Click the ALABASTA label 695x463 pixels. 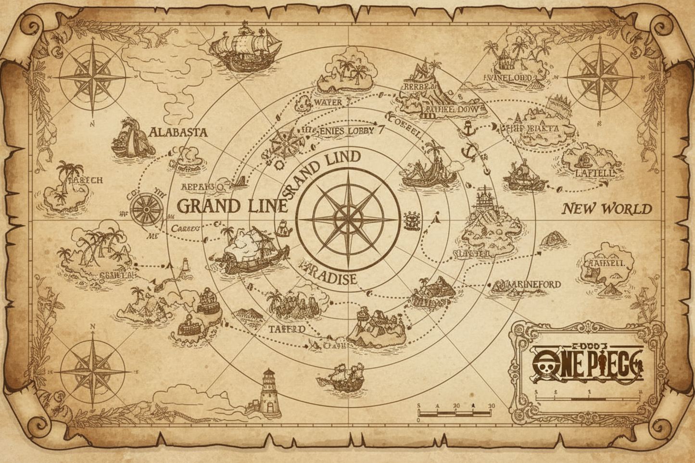pos(178,132)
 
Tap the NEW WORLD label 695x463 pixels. pos(607,209)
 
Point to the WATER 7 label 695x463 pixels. pos(329,102)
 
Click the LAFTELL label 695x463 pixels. pos(594,173)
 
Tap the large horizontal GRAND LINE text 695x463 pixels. pos(232,206)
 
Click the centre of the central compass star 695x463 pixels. pos(348,219)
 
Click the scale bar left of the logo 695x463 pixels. pos(455,413)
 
